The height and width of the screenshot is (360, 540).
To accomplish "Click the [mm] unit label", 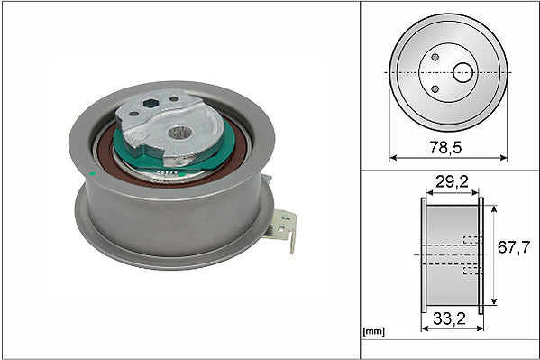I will [x=372, y=332].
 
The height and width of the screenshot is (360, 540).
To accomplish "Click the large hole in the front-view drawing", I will [x=462, y=71].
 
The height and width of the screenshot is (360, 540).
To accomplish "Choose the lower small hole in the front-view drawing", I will [x=436, y=88].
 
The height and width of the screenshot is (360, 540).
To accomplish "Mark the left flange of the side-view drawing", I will [x=424, y=255].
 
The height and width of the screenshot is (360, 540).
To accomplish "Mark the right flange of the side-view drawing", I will [x=481, y=255].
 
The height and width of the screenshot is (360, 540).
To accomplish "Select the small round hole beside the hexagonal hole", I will [x=173, y=101].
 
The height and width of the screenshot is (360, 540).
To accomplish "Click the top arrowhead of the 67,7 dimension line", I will [x=495, y=207].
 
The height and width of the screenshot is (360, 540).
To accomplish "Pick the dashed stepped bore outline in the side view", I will [x=468, y=255].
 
